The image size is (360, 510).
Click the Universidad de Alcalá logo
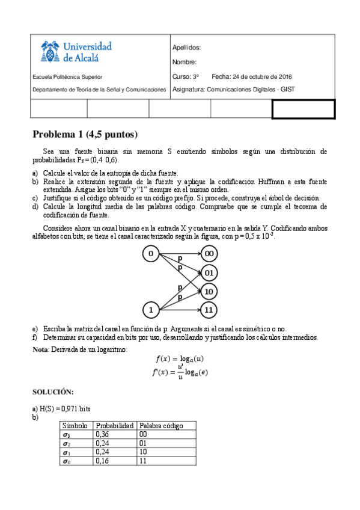[76, 52]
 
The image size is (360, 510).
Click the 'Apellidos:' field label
[186, 48]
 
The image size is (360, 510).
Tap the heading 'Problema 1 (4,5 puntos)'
[85, 134]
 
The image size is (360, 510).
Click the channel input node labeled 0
[150, 254]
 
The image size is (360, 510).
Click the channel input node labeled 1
[150, 310]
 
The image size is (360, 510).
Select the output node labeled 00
[209, 254]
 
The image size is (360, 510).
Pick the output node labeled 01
[209, 273]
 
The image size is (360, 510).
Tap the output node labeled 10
[209, 292]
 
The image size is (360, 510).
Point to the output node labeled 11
[209, 310]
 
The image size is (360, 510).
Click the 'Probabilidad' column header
[114, 426]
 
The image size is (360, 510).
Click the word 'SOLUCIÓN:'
[53, 392]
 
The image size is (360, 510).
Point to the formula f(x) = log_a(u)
[180, 360]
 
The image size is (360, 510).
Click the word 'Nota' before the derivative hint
[40, 349]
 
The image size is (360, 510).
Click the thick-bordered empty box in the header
[304, 109]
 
